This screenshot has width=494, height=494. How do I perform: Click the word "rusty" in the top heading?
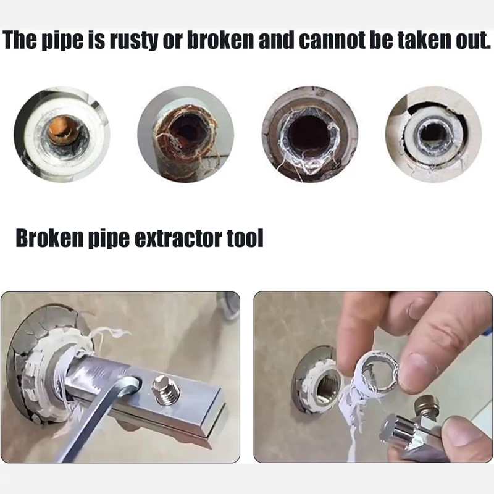[x=136, y=41]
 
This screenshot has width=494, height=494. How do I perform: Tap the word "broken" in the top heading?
[x=220, y=40]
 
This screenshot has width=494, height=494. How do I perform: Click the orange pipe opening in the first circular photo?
[x=63, y=130]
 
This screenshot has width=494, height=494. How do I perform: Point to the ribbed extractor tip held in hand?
[x=395, y=432]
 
